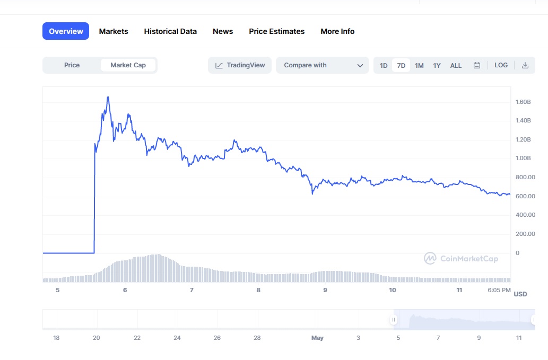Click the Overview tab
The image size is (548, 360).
coord(66,31)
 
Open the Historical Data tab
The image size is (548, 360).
coord(170,31)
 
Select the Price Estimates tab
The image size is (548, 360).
coord(276,31)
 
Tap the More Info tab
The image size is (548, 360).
coord(337,31)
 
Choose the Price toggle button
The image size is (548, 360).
coord(72,65)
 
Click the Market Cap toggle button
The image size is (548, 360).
coord(128,65)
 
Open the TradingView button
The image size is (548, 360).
coord(240,65)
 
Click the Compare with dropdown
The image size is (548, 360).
coord(322,65)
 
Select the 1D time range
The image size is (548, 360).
coord(384,66)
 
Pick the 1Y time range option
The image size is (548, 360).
coord(437,66)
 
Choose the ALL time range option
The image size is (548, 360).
coord(456,66)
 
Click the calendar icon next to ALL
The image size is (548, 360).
coord(477,66)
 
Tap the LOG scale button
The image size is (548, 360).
coord(501,65)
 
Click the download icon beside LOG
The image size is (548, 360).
coord(525,65)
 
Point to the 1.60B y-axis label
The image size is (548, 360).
coord(523,102)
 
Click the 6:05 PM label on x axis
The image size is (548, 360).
coord(499,290)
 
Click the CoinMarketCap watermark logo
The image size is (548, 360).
coord(461,259)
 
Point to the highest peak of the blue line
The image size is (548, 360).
coord(108,97)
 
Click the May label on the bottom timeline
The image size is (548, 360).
coord(317,338)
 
